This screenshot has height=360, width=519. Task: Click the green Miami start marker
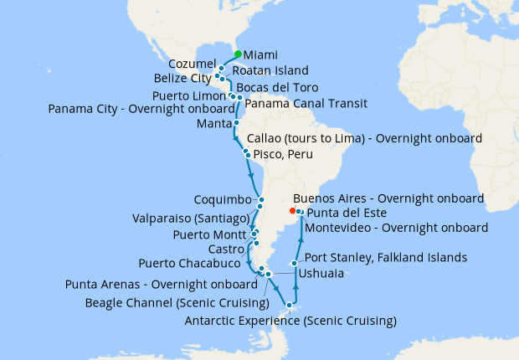238,54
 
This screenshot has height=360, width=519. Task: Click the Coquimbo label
222,200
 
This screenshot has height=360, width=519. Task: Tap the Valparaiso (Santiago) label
188,218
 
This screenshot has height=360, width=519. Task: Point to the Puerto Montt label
208,234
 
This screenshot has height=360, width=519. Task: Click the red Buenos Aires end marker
291,211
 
